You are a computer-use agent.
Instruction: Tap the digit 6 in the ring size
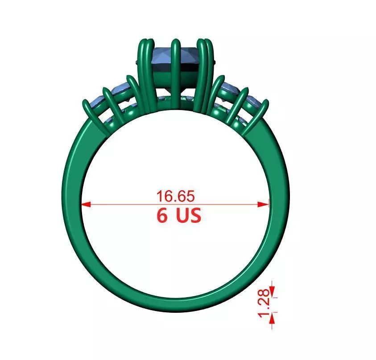(162, 216)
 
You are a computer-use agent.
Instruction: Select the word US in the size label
(188, 216)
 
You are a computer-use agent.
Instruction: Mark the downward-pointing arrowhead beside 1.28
(273, 294)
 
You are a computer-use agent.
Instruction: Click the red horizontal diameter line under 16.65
(134, 205)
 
